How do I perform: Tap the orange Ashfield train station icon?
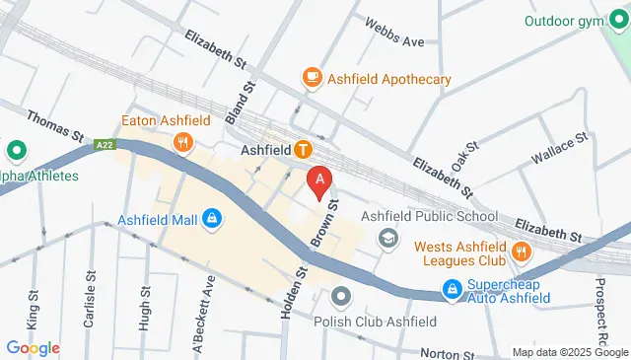coord(304,151)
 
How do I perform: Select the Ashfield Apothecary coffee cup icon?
coord(313,78)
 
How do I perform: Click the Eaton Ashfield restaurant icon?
coord(182,144)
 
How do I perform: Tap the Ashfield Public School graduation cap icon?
coord(388,238)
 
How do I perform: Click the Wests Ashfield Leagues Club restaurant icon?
coord(522,252)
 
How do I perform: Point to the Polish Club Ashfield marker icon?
coord(341,296)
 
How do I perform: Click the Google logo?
coord(33,348)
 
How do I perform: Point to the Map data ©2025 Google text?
coord(569,352)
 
